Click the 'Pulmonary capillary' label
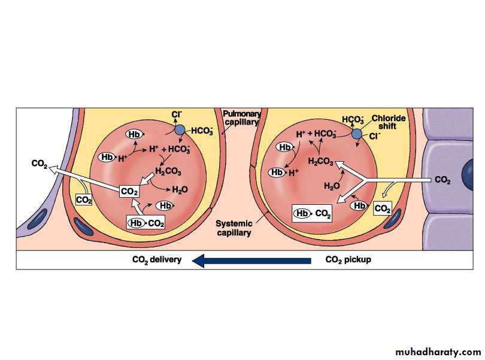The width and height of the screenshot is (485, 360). click(x=240, y=117)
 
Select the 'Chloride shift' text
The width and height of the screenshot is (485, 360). click(x=389, y=122)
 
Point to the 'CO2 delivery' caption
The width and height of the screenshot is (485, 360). click(x=157, y=260)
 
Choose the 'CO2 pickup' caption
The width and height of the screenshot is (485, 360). click(x=348, y=260)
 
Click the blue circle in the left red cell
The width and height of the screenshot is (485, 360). click(x=179, y=129)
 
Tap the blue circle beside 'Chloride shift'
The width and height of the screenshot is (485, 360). click(x=357, y=134)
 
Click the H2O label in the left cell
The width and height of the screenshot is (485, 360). click(x=180, y=190)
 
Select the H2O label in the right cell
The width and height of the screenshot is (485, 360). click(x=332, y=186)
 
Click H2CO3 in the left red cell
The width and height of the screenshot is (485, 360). click(x=168, y=171)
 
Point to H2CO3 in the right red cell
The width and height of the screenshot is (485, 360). click(x=322, y=162)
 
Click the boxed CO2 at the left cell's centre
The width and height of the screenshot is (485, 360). click(x=129, y=191)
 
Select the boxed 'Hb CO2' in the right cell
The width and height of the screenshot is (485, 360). click(x=311, y=213)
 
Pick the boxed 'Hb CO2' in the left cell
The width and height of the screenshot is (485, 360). click(x=145, y=223)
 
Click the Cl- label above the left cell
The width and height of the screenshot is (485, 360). click(x=177, y=114)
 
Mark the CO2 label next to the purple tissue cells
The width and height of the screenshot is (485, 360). click(x=442, y=180)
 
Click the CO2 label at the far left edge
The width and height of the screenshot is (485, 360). click(x=40, y=163)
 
